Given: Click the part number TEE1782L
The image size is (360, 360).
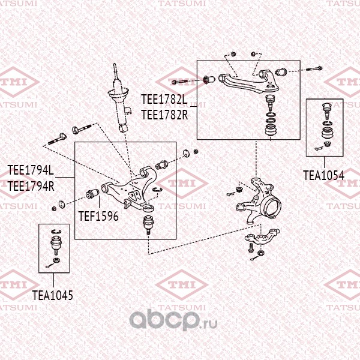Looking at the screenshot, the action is [x=164, y=100].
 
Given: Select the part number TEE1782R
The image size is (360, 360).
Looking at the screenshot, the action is [x=164, y=115].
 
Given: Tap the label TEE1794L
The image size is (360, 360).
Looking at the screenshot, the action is [x=31, y=170].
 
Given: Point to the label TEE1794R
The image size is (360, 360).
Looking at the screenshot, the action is [x=31, y=186].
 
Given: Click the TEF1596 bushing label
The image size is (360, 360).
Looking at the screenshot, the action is [x=98, y=216].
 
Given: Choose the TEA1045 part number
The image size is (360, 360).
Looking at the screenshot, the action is [x=53, y=295].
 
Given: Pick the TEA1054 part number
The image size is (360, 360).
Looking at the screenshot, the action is [x=324, y=175].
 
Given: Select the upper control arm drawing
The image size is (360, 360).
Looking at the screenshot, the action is [x=248, y=83].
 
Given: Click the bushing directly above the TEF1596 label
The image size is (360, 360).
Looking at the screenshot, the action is [x=92, y=194].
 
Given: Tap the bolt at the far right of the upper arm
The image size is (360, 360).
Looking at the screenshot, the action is [x=314, y=68].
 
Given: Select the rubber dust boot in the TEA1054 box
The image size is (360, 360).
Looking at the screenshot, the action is [x=326, y=133].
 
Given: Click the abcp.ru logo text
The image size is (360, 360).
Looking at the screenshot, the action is [x=173, y=320].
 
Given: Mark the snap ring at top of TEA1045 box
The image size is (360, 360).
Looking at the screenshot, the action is [x=56, y=231].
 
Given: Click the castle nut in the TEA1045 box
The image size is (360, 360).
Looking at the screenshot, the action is [x=56, y=260].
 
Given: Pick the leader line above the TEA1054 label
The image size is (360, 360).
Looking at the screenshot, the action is [x=324, y=163].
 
